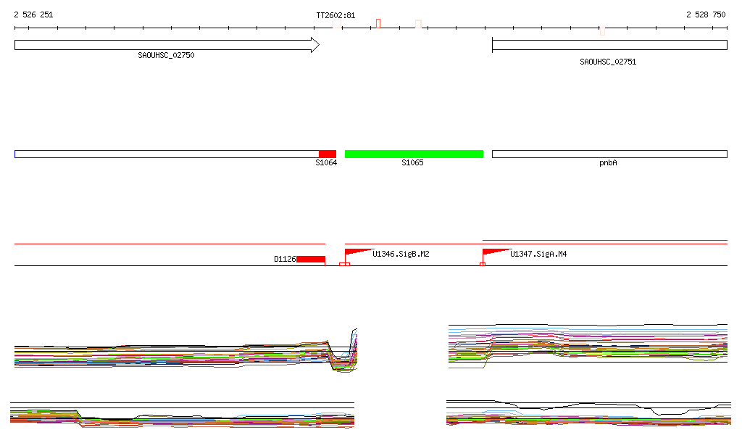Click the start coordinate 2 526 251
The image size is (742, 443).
(x=33, y=15)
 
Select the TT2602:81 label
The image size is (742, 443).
(x=335, y=15)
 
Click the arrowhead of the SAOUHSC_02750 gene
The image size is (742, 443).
(x=314, y=45)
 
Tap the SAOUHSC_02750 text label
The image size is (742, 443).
(x=166, y=55)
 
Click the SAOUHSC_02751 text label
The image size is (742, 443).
(x=608, y=62)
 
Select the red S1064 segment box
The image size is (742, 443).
(x=328, y=154)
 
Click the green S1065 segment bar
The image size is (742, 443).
(x=414, y=154)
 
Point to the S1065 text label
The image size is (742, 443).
(x=413, y=163)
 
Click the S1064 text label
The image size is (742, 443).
(x=326, y=163)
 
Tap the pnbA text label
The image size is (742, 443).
(x=608, y=163)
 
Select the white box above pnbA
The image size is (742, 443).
(x=609, y=154)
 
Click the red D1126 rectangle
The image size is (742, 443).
(x=311, y=259)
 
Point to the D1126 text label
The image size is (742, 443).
(x=285, y=259)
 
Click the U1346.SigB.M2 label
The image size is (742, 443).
(x=401, y=254)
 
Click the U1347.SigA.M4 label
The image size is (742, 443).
(x=538, y=254)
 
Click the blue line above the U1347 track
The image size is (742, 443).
(x=604, y=240)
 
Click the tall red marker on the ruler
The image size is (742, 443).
(x=378, y=23)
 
